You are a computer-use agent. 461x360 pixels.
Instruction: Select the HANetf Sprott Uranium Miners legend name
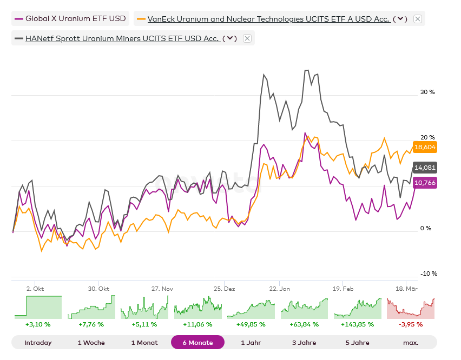pos(122,38)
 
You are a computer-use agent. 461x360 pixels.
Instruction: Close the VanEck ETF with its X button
pos(418,19)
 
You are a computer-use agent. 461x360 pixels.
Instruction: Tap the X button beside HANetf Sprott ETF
pos(247,38)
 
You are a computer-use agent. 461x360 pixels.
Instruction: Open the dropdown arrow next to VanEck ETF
pos(400,19)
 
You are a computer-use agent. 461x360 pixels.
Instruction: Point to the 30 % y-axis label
pos(427,92)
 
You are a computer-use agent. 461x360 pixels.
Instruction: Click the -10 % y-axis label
pos(429,274)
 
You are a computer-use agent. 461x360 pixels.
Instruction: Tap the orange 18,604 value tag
pos(425,147)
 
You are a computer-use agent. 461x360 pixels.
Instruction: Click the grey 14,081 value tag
pos(425,168)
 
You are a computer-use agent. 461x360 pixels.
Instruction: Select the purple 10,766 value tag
pos(425,183)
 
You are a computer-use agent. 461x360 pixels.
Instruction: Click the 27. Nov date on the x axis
pos(162,289)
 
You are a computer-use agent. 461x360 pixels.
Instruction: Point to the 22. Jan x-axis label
pos(280,289)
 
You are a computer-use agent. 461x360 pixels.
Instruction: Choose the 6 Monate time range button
pos(197,343)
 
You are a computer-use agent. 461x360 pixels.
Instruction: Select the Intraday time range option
pos(38,343)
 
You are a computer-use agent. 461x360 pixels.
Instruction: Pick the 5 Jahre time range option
pos(358,343)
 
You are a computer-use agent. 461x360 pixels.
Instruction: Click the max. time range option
pos(411,343)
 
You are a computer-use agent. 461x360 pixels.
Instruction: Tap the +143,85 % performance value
pos(358,324)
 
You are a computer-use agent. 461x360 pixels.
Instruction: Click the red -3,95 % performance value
pos(411,324)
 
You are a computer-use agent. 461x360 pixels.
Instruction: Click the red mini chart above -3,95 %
pos(411,308)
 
